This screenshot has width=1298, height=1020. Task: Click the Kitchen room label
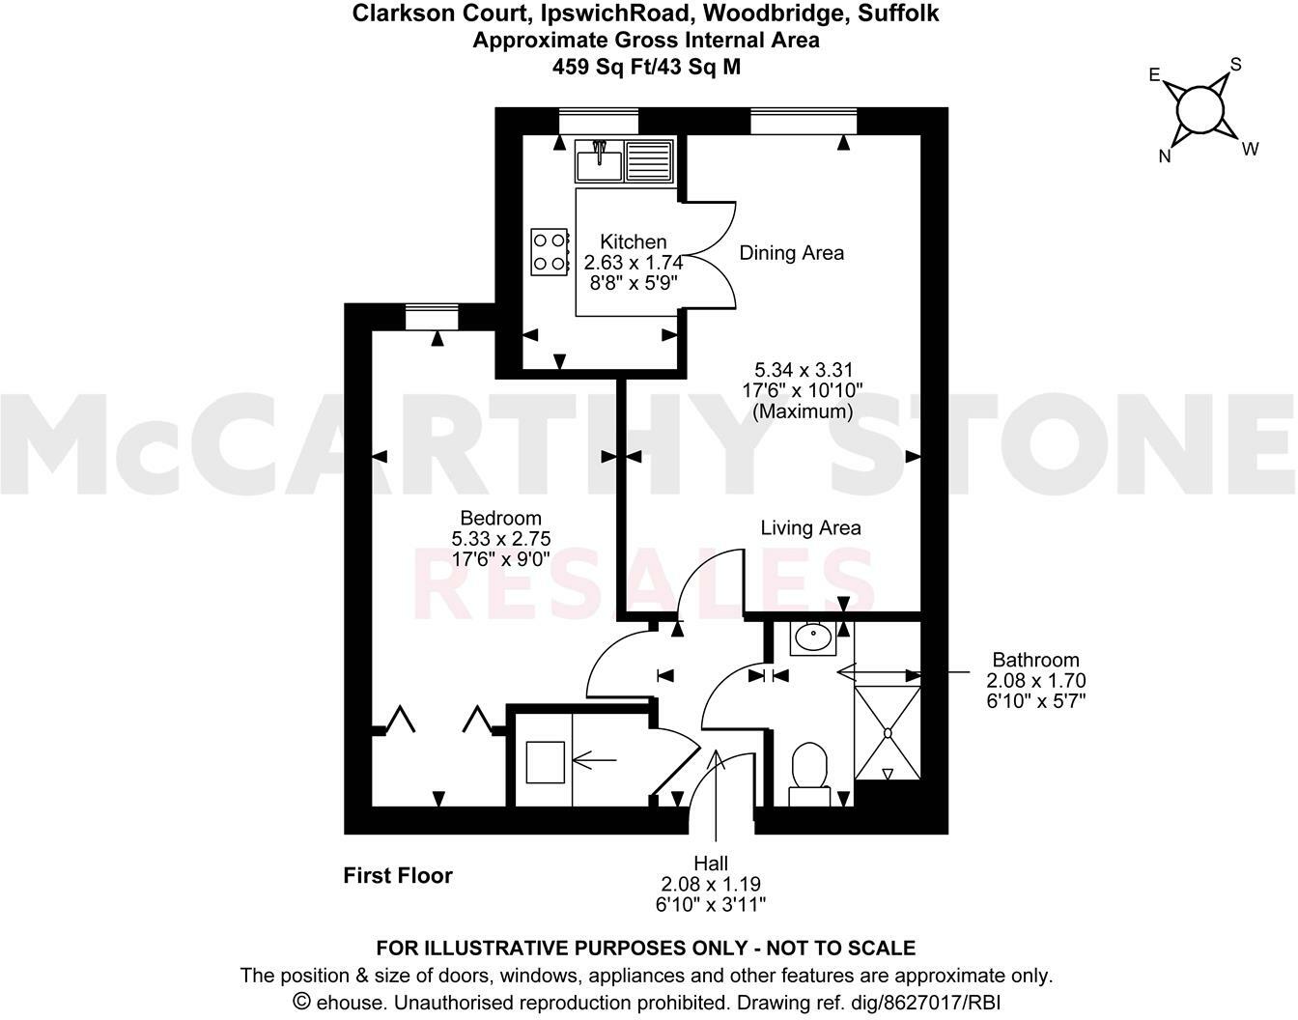point(633,241)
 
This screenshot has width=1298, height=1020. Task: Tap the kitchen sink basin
point(599,161)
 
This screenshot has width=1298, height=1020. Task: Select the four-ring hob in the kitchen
point(550,251)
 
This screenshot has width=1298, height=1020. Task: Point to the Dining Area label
point(791,253)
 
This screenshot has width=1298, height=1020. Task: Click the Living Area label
point(810,527)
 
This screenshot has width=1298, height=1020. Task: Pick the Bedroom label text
point(500,518)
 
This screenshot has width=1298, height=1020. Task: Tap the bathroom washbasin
point(810,638)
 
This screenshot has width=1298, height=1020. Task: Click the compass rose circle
point(1201,109)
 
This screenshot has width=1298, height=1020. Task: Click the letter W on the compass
point(1250,149)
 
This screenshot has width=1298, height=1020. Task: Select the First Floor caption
point(398,876)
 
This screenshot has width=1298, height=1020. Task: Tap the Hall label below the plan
point(711,863)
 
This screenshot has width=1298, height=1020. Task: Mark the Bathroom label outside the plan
point(1036,660)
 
